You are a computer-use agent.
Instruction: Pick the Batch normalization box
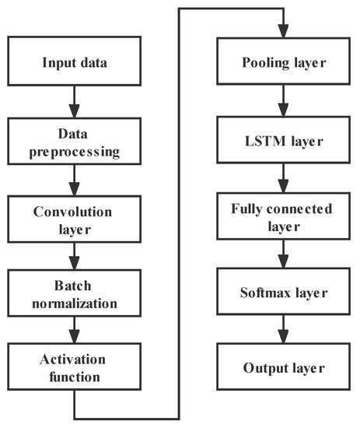click(73, 291)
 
